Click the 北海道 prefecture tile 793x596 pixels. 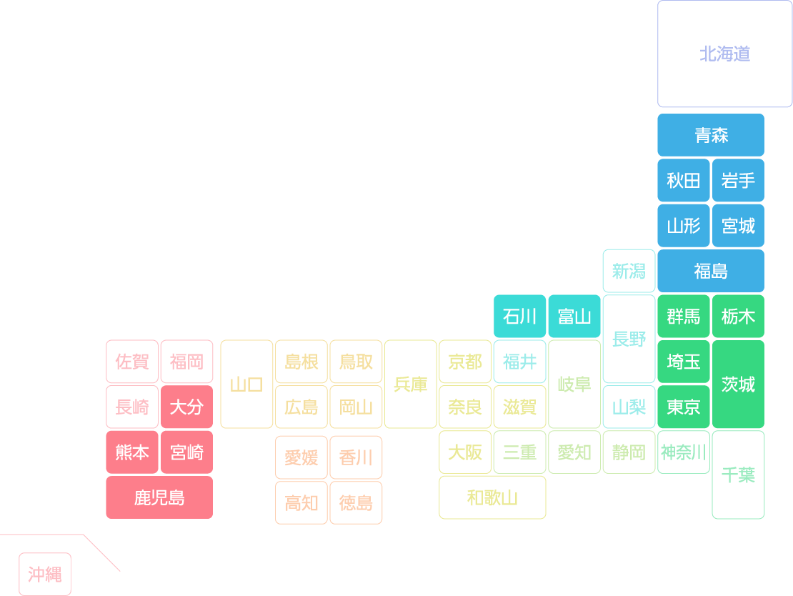pyautogui.click(x=724, y=54)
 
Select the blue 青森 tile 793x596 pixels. pyautogui.click(x=711, y=135)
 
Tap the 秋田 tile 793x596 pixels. pyautogui.click(x=683, y=180)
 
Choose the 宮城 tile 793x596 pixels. pyautogui.click(x=738, y=226)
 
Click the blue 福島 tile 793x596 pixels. pyautogui.click(x=711, y=271)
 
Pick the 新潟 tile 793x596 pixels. pyautogui.click(x=629, y=271)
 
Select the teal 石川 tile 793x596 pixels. pyautogui.click(x=519, y=316)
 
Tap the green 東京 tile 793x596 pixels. pyautogui.click(x=683, y=407)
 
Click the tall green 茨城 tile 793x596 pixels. pyautogui.click(x=738, y=384)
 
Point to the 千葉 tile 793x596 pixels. pyautogui.click(x=738, y=475)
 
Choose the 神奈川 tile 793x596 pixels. pyautogui.click(x=683, y=452)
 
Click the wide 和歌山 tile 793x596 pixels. pyautogui.click(x=492, y=497)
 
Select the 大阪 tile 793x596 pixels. pyautogui.click(x=465, y=452)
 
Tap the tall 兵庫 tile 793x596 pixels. pyautogui.click(x=410, y=384)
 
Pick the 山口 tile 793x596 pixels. pyautogui.click(x=246, y=384)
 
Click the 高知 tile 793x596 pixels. pyautogui.click(x=301, y=502)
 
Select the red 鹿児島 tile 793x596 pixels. pyautogui.click(x=159, y=497)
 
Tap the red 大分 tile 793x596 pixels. pyautogui.click(x=186, y=407)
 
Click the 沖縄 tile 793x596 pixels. pyautogui.click(x=45, y=575)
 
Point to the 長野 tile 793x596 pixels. pyautogui.click(x=629, y=339)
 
